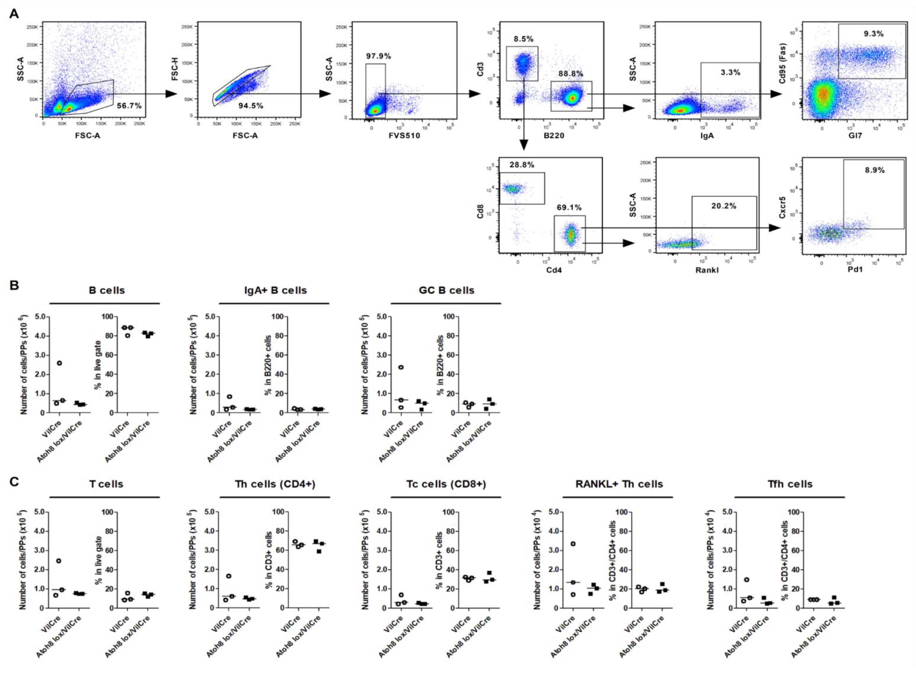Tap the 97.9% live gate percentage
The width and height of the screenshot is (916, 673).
point(378,56)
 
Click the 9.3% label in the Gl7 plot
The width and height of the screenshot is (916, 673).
point(874,34)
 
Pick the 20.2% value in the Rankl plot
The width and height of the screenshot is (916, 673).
point(723,206)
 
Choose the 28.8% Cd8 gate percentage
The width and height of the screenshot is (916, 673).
point(522,165)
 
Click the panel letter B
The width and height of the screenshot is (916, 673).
point(14,285)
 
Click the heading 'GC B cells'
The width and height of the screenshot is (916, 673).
point(446,290)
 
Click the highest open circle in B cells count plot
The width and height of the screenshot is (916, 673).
point(59,363)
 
